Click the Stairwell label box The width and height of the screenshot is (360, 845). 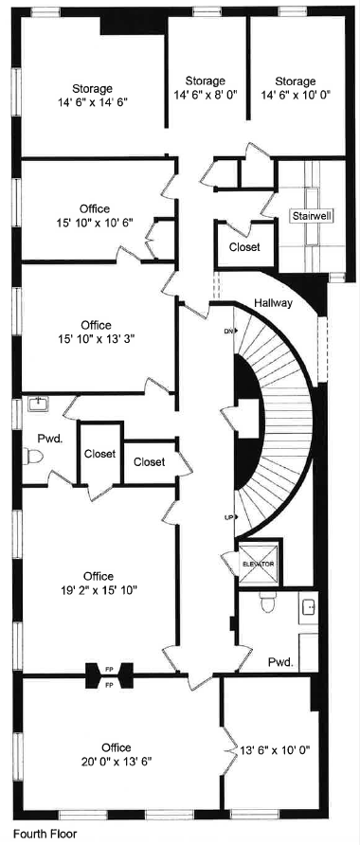(312, 216)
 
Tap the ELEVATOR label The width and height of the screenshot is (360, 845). (259, 564)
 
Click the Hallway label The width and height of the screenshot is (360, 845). (273, 303)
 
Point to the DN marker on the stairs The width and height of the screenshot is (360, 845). (230, 331)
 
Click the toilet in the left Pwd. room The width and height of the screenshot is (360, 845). (33, 457)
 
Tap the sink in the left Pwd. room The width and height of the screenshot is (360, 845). (37, 405)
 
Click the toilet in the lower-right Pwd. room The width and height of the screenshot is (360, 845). (268, 602)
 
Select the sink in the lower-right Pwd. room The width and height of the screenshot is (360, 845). (309, 608)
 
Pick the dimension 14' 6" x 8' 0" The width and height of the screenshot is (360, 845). (206, 94)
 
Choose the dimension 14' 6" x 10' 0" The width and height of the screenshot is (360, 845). (296, 95)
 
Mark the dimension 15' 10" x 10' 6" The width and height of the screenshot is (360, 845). (95, 222)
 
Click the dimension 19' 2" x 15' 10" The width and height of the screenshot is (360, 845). (99, 590)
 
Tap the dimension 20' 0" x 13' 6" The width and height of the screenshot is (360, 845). (117, 762)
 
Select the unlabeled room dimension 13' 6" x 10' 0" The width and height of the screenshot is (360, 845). (275, 749)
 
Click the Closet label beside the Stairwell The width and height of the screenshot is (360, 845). (244, 247)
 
